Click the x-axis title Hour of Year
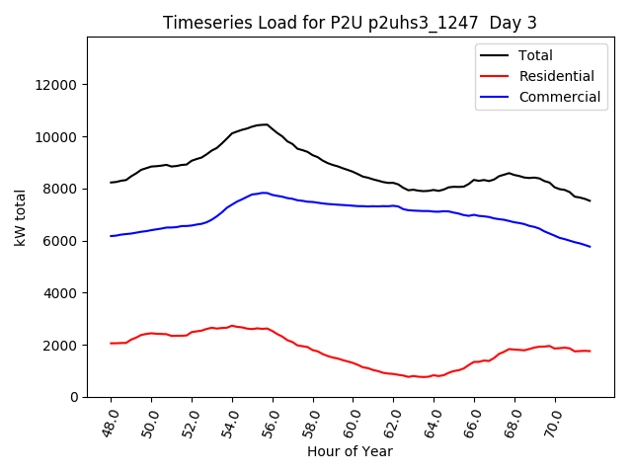coord(350,451)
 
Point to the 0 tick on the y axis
coord(75,397)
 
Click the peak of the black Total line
coord(265,124)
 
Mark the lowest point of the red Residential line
coord(423,377)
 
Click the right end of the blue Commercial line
coord(591,247)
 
